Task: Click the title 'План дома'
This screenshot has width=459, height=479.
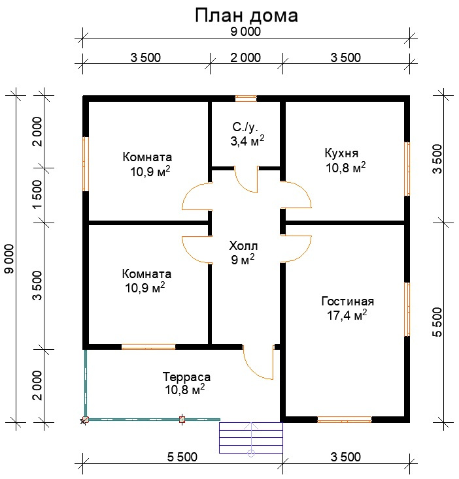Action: pyautogui.click(x=246, y=16)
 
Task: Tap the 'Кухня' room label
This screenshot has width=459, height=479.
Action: pyautogui.click(x=341, y=153)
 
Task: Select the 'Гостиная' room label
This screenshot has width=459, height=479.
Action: pyautogui.click(x=348, y=301)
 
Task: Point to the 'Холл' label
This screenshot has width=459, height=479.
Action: pyautogui.click(x=243, y=245)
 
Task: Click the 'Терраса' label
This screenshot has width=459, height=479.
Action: pyautogui.click(x=186, y=377)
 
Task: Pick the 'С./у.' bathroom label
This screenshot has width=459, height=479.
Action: pyautogui.click(x=245, y=127)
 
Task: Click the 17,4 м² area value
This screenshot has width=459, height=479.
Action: pyautogui.click(x=347, y=315)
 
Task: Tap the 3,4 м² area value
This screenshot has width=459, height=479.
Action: pyautogui.click(x=247, y=141)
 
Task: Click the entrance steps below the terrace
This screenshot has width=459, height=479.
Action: pyautogui.click(x=251, y=438)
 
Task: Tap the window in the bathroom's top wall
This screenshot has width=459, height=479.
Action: pyautogui.click(x=246, y=99)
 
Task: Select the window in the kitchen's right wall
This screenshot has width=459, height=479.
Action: pyautogui.click(x=407, y=168)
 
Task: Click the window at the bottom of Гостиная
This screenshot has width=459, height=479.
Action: pyautogui.click(x=345, y=420)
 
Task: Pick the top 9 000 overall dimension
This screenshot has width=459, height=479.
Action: pyautogui.click(x=246, y=32)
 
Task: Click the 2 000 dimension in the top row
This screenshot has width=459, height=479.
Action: pyautogui.click(x=246, y=57)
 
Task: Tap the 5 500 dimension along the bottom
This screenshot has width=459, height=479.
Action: pyautogui.click(x=182, y=457)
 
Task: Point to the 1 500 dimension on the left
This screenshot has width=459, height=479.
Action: pyautogui.click(x=38, y=194)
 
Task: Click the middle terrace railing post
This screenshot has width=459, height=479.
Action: pyautogui.click(x=182, y=420)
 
